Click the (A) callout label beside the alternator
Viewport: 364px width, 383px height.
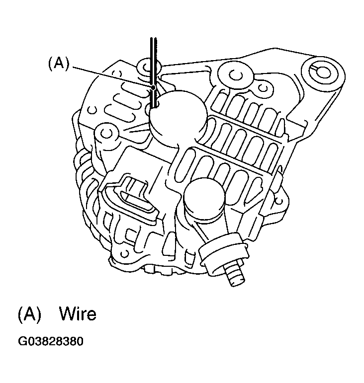pyautogui.click(x=59, y=64)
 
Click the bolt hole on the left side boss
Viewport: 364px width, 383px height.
pyautogui.click(x=106, y=133)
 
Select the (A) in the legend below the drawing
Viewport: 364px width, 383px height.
pyautogui.click(x=29, y=314)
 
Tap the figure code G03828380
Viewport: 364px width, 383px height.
pyautogui.click(x=51, y=342)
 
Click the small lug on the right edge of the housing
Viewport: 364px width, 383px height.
pyautogui.click(x=281, y=201)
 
